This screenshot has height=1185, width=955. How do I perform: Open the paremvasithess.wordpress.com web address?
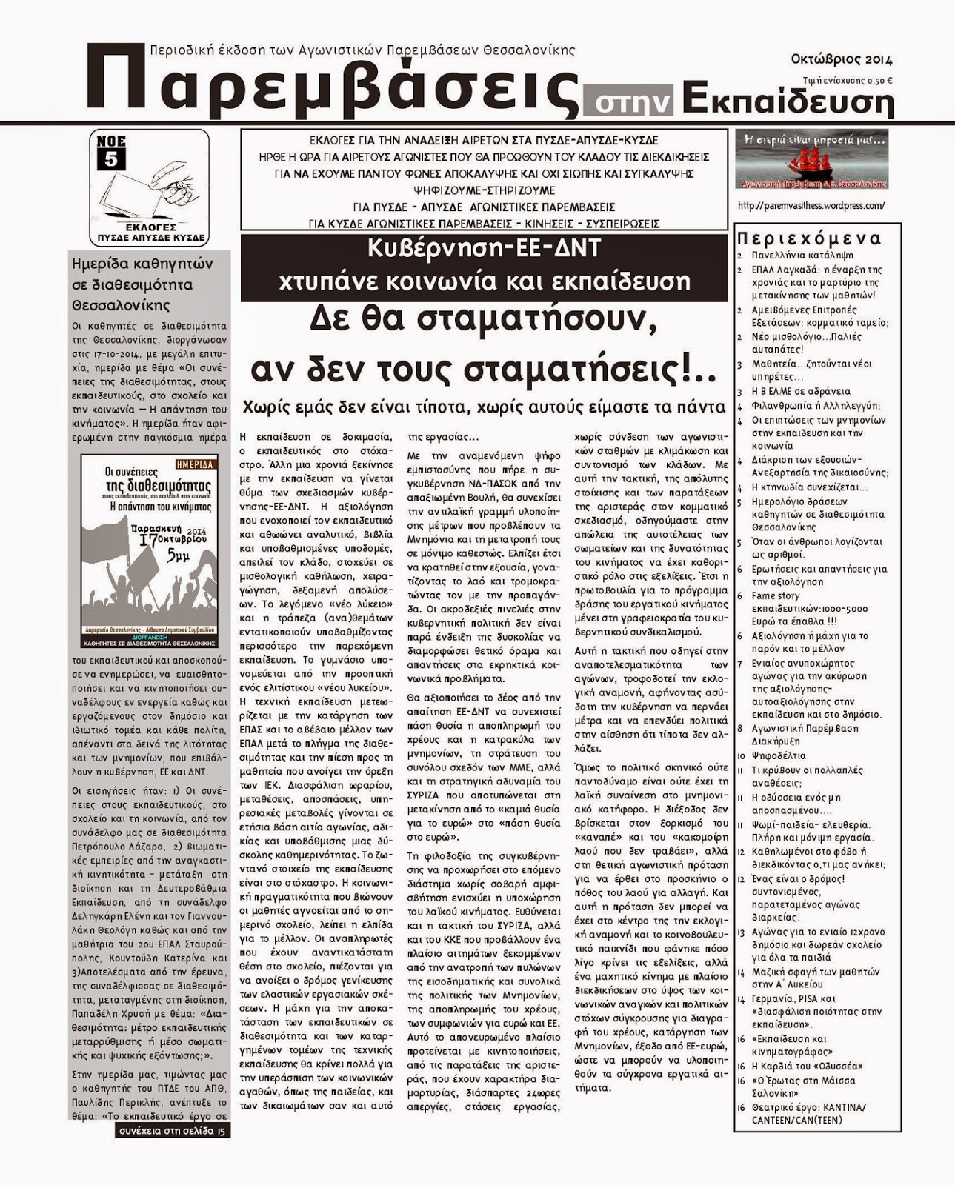point(811,206)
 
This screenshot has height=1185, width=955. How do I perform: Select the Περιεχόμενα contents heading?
point(809,238)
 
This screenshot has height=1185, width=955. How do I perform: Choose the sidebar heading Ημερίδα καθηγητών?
point(142,264)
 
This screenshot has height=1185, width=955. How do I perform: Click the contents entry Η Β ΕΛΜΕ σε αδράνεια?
point(791,391)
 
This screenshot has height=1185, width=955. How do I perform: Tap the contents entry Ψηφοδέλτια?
point(778,756)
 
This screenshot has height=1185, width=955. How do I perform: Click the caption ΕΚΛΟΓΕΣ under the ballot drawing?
point(150,227)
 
